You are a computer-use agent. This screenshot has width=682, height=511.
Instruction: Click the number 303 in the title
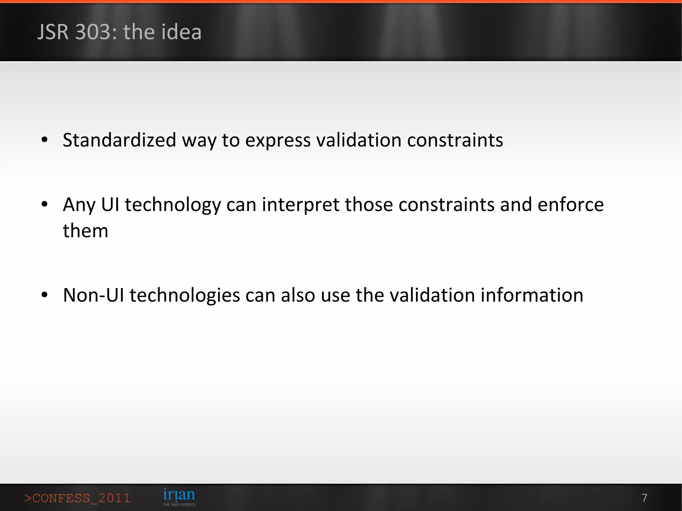coord(96,32)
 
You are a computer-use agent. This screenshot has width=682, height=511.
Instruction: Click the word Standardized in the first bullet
coord(119,140)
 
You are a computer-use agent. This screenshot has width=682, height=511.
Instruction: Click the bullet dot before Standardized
coord(45,140)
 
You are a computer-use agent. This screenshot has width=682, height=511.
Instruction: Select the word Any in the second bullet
coord(79,205)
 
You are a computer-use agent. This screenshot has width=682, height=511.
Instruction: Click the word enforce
coord(570,204)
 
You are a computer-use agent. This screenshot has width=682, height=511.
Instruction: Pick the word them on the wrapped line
coord(86,231)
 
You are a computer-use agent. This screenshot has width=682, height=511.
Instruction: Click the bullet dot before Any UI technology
coord(45,204)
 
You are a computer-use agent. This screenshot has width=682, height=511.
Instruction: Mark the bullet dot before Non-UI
coord(45,295)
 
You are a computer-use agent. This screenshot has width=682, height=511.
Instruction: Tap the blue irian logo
coord(179,495)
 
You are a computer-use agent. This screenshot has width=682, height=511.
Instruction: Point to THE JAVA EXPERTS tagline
coord(179,505)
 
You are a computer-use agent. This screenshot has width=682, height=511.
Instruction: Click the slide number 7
coord(644,498)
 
